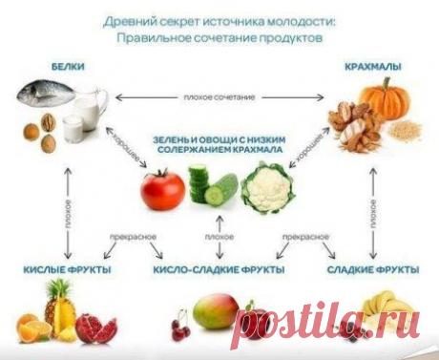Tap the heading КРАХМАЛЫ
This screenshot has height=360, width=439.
tap(373, 67)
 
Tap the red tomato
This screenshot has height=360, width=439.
tap(162, 187)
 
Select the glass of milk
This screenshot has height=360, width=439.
tap(72, 127)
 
